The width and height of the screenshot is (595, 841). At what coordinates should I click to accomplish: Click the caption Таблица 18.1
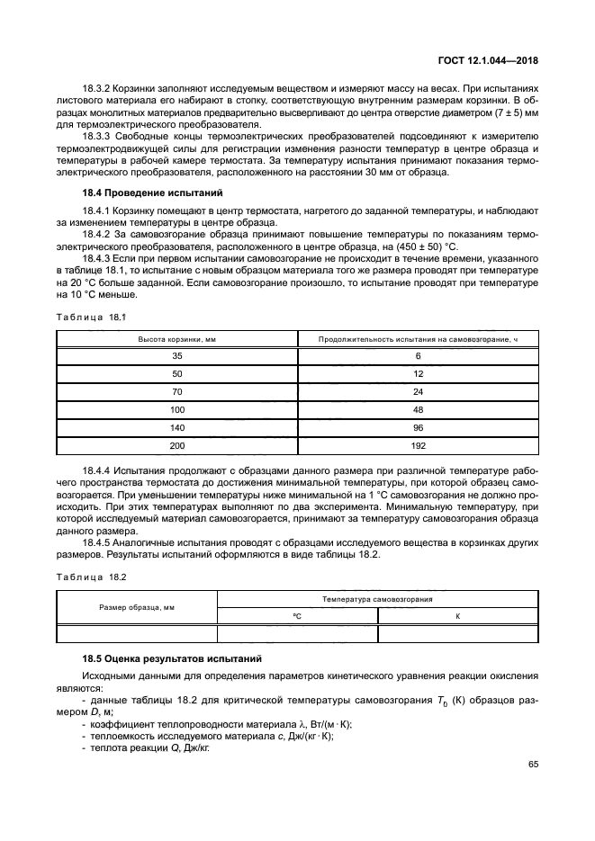[x=91, y=317]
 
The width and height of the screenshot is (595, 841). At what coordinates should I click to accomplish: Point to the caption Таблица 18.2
[x=91, y=575]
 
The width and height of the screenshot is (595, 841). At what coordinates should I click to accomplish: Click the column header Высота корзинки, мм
[x=176, y=339]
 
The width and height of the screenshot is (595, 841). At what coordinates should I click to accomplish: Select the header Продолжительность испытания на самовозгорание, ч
[x=418, y=339]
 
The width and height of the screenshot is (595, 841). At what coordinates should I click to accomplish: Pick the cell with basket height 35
[x=176, y=356]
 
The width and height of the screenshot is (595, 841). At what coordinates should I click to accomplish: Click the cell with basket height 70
[x=176, y=392]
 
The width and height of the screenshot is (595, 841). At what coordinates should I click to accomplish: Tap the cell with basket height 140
[x=176, y=427]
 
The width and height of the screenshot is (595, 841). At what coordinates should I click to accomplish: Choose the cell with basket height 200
[x=176, y=445]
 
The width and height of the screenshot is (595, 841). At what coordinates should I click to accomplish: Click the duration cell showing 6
[x=418, y=356]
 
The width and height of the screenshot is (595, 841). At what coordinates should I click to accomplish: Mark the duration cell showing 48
[x=418, y=410]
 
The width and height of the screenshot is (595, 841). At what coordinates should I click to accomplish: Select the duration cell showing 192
[x=418, y=445]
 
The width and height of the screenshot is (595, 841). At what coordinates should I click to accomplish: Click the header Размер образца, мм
[x=137, y=607]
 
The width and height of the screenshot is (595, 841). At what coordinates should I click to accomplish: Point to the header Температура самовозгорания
[x=377, y=598]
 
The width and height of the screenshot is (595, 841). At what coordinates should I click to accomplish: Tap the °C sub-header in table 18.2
[x=297, y=616]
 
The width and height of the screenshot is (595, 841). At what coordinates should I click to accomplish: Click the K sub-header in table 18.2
[x=457, y=616]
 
